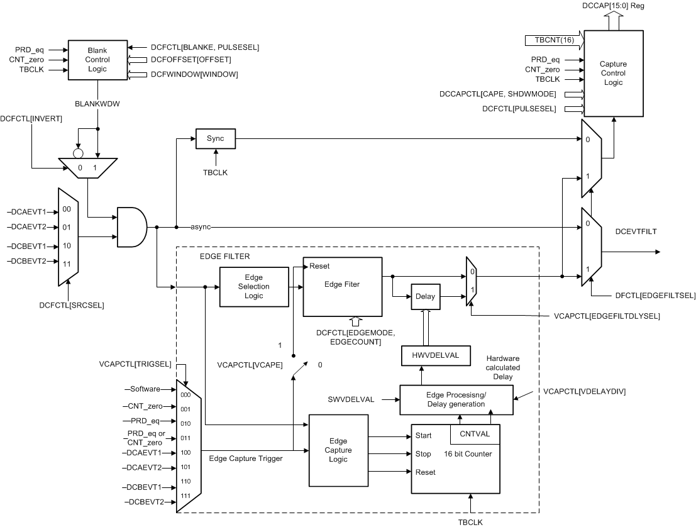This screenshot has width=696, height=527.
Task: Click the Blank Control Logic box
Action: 97,60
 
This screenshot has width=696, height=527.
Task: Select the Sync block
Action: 216,138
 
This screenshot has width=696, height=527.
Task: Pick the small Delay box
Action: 425,296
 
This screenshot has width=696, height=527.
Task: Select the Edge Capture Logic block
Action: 338,450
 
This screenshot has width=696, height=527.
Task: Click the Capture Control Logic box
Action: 613,73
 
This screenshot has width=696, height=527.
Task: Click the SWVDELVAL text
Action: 351,399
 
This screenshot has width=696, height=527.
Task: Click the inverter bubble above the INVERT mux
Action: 79,153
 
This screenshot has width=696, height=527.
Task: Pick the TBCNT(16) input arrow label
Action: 544,40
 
